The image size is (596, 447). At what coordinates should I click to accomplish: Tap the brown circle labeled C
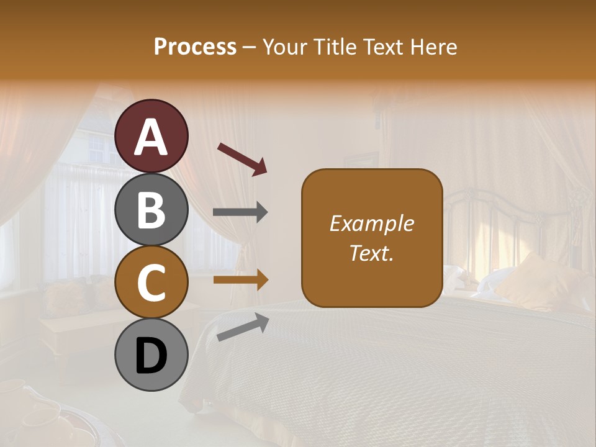coord(151,282)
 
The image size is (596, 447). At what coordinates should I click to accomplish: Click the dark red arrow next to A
coord(242,158)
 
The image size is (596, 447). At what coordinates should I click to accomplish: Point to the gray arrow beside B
coord(240,212)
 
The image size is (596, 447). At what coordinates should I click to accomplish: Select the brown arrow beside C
coord(240,280)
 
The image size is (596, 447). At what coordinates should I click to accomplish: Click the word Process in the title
coord(195,47)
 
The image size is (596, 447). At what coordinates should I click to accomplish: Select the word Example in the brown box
coord(372,223)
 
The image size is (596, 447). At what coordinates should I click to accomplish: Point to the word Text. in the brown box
coord(372,253)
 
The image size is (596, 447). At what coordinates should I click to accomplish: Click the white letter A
coord(151,137)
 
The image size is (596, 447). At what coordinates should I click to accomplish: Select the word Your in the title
coord(284,47)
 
